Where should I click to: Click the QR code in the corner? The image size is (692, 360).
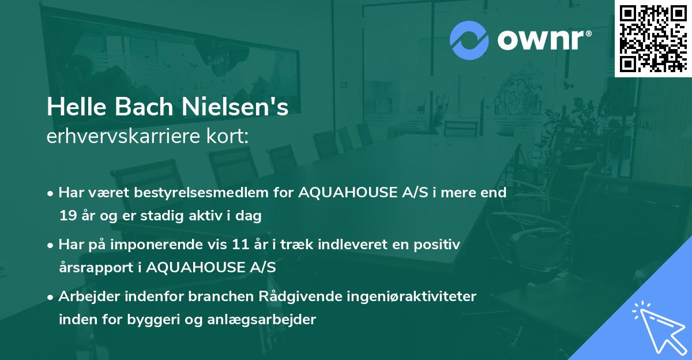653,38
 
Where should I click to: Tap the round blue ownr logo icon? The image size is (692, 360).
469,40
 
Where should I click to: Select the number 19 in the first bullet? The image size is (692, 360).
66,216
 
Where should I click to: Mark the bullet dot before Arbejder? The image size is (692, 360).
51,297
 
